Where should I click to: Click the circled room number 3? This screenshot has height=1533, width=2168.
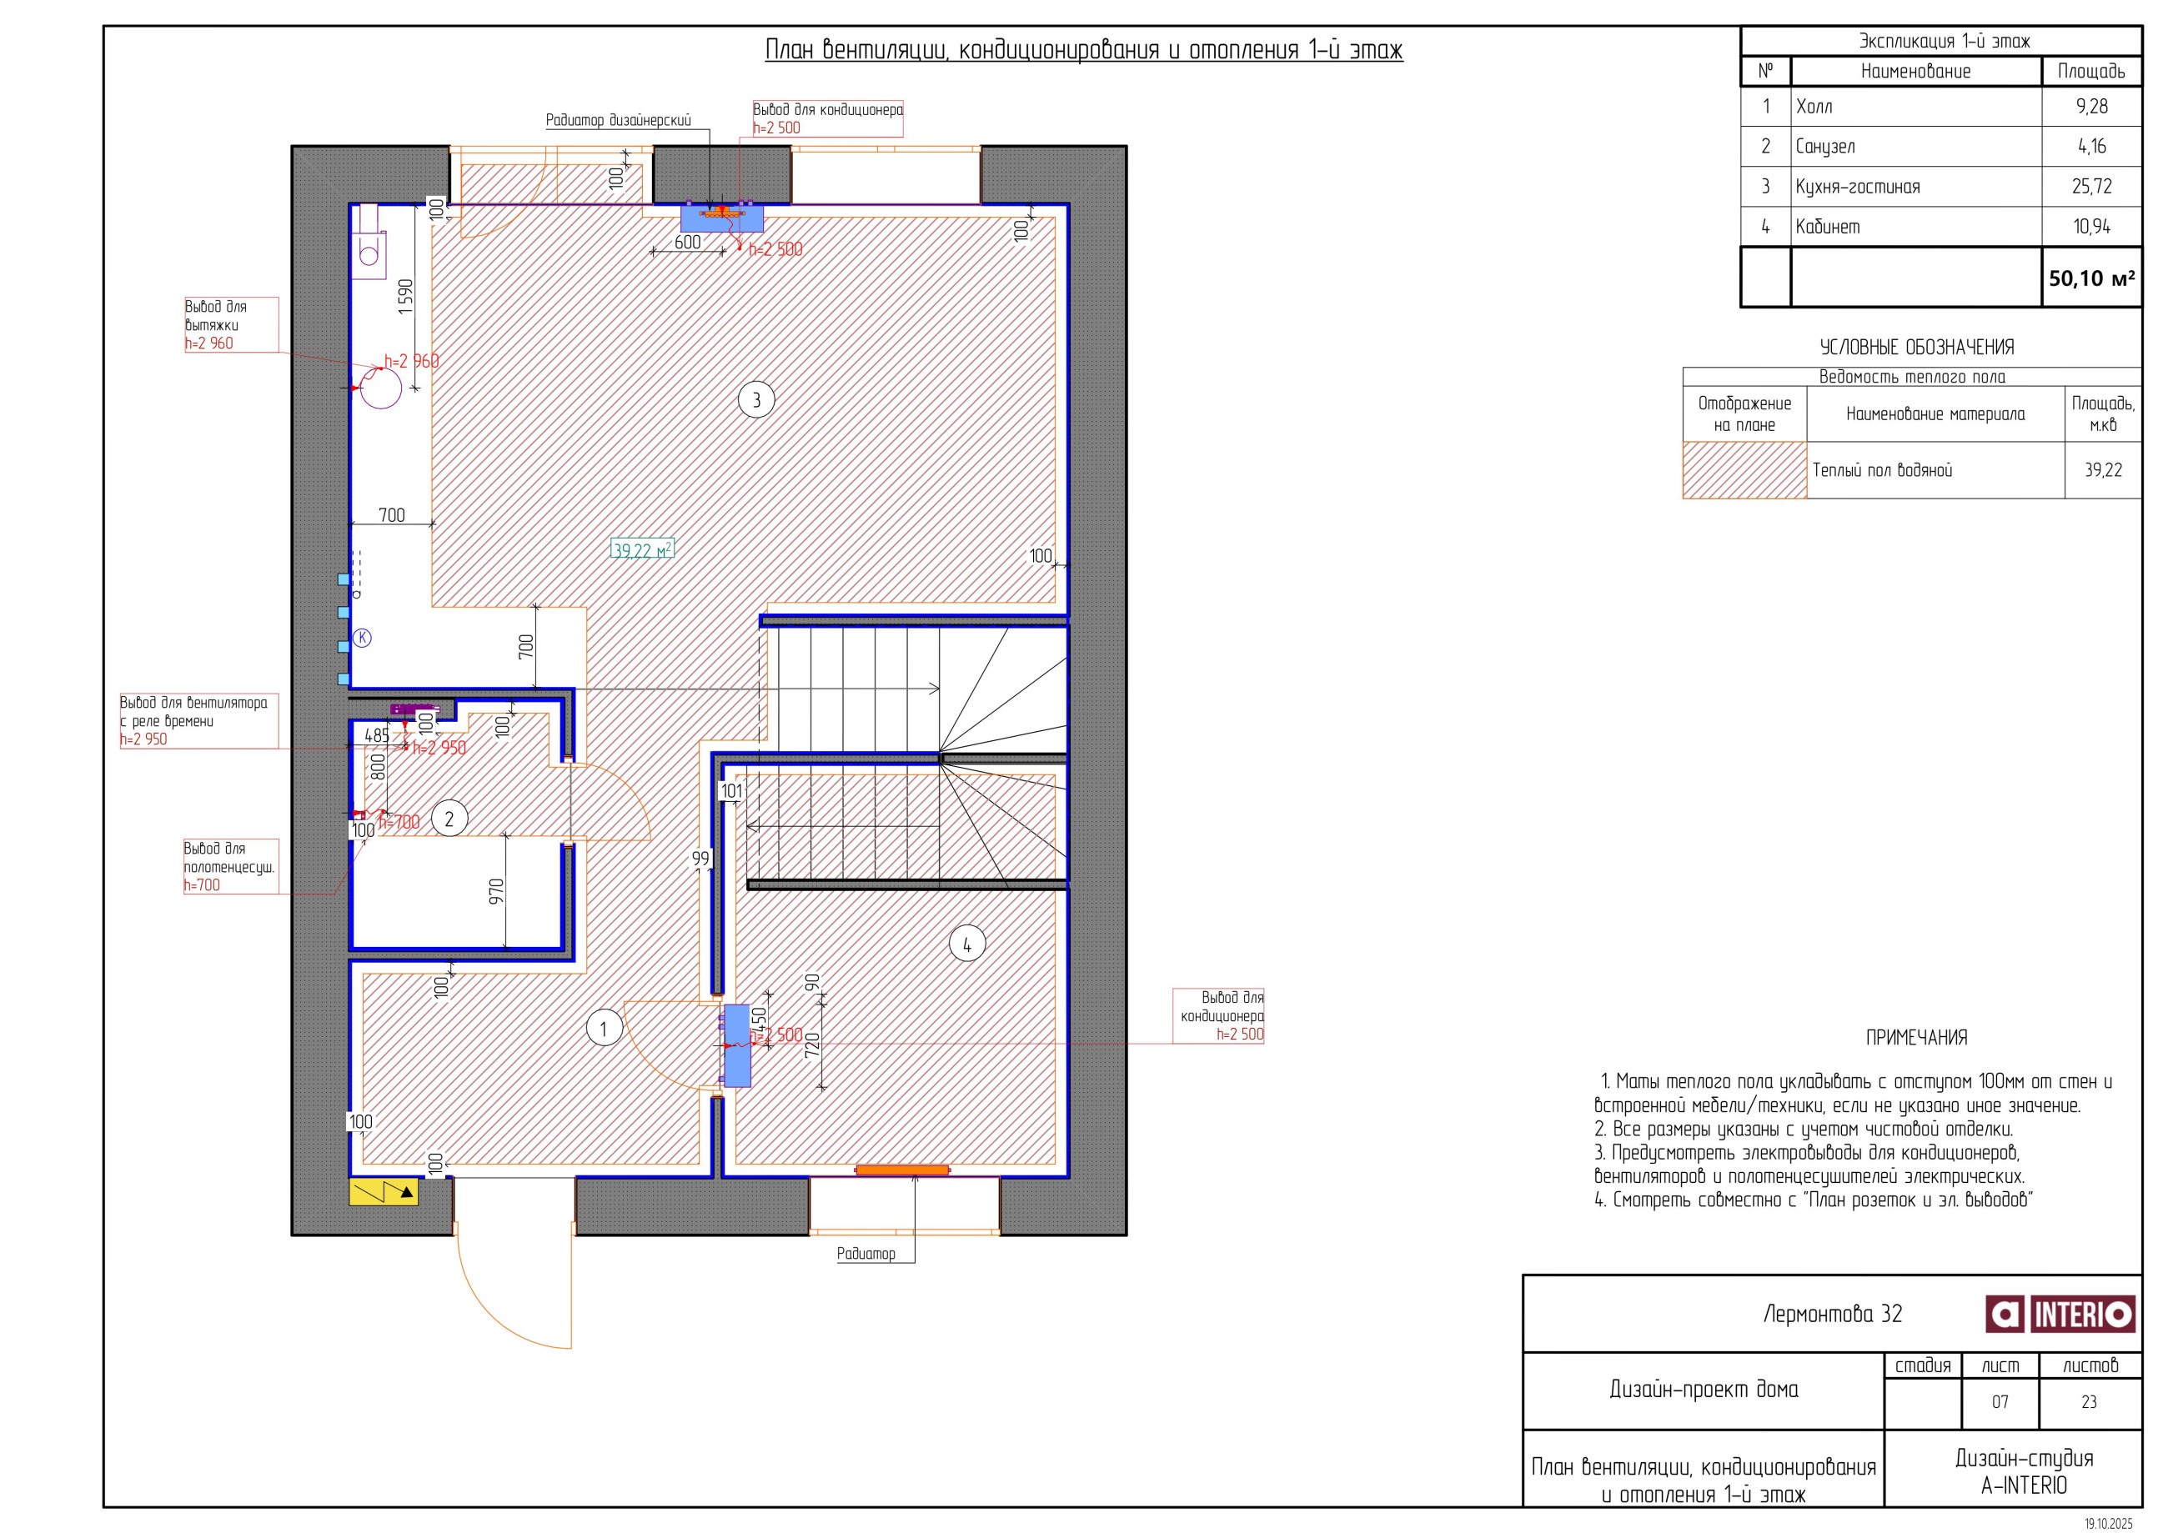(755, 400)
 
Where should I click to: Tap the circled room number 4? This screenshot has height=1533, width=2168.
(966, 943)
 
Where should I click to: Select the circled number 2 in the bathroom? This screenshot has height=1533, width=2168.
(449, 819)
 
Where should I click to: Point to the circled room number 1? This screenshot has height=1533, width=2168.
(604, 1028)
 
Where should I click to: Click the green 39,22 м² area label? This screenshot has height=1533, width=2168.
(642, 549)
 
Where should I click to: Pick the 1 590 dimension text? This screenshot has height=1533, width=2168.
(405, 297)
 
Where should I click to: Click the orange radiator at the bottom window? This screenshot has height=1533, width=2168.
(901, 1170)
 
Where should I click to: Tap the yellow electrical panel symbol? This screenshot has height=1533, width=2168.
(384, 1192)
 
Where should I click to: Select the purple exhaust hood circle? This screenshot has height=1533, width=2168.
(380, 387)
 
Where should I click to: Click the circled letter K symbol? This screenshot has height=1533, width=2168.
(362, 638)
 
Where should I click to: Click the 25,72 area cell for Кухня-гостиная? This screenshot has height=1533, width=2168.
(2090, 186)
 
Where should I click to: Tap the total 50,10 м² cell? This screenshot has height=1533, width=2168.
(2091, 278)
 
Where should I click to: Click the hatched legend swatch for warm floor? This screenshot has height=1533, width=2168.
(1744, 470)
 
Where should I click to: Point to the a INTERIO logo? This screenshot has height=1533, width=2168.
(2060, 1314)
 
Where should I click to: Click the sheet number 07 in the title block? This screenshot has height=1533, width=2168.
(2000, 1402)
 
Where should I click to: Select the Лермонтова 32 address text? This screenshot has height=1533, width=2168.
(1832, 1314)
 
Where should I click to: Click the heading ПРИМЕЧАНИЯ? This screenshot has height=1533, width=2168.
(1916, 1037)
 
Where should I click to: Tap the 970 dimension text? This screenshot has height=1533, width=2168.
(497, 891)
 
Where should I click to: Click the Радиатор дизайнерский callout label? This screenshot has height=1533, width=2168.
(619, 120)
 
